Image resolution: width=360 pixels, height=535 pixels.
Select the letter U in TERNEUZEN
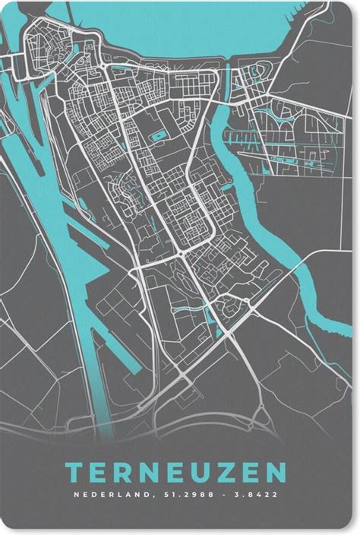pyautogui.click(x=192, y=473)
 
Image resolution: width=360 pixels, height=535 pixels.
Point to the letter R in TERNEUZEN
pyautogui.click(x=122, y=473)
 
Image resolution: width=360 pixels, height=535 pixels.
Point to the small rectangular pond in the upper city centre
pyautogui.click(x=159, y=136)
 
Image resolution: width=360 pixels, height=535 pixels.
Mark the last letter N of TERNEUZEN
pyautogui.click(x=276, y=473)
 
